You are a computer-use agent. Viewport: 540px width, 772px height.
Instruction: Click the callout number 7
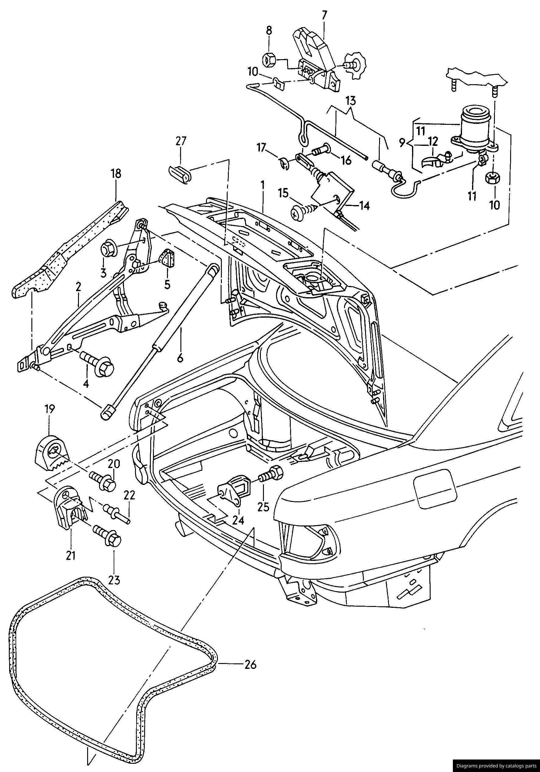coord(325,15)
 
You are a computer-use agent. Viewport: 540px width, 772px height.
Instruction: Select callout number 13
coord(350,100)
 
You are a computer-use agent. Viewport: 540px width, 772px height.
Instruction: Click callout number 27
coord(181,141)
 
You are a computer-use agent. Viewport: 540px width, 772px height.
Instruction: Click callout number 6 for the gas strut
coord(180,359)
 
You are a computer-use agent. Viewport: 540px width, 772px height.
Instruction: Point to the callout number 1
coord(262,184)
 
